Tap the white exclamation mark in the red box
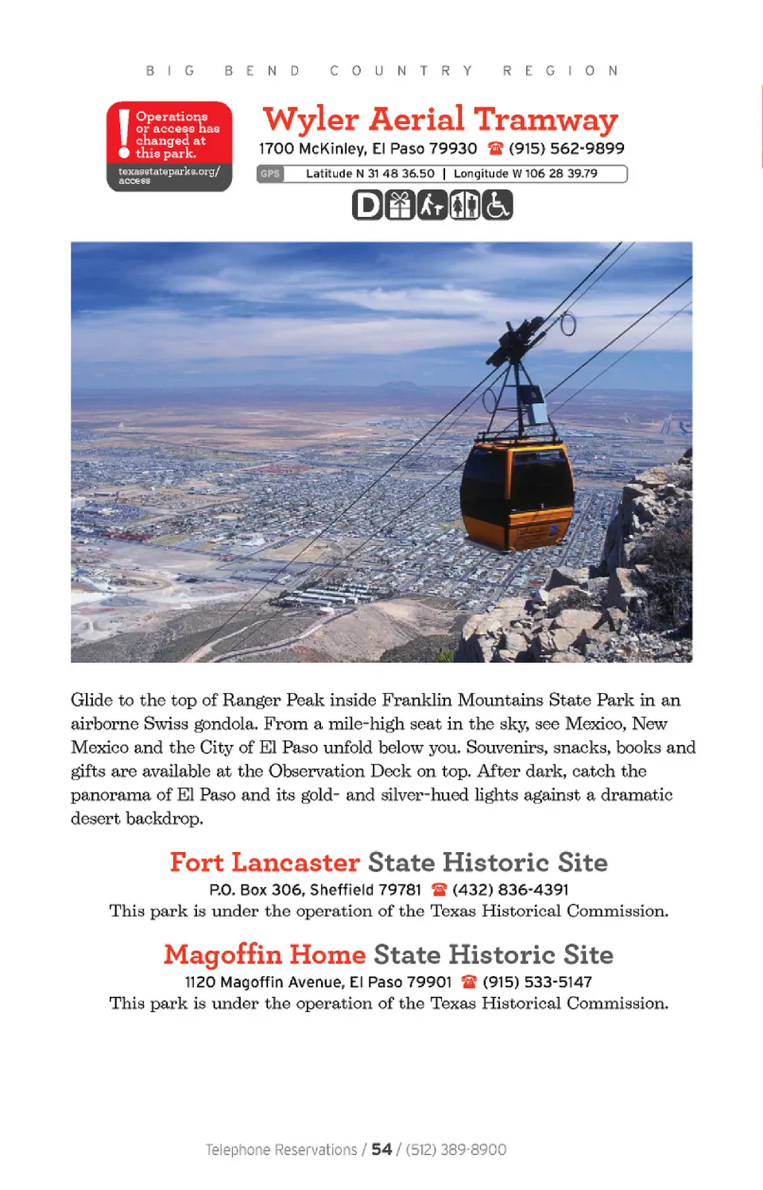pyautogui.click(x=123, y=132)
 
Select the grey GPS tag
pyautogui.click(x=270, y=173)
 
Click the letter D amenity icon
pyautogui.click(x=367, y=206)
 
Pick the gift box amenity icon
pyautogui.click(x=400, y=206)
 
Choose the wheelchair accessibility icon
pyautogui.click(x=498, y=206)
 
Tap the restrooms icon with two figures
pyautogui.click(x=465, y=206)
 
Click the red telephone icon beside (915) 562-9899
pyautogui.click(x=496, y=148)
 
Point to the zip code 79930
pyautogui.click(x=453, y=149)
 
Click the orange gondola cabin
pyautogui.click(x=517, y=493)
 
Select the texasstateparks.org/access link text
pyautogui.click(x=168, y=175)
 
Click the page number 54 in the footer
pyautogui.click(x=381, y=1149)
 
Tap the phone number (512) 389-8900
pyautogui.click(x=456, y=1149)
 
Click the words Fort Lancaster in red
pyautogui.click(x=265, y=862)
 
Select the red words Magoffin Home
pyautogui.click(x=265, y=955)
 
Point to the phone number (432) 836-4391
pyautogui.click(x=510, y=890)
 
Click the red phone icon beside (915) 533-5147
pyautogui.click(x=469, y=982)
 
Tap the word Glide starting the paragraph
pyautogui.click(x=91, y=700)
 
